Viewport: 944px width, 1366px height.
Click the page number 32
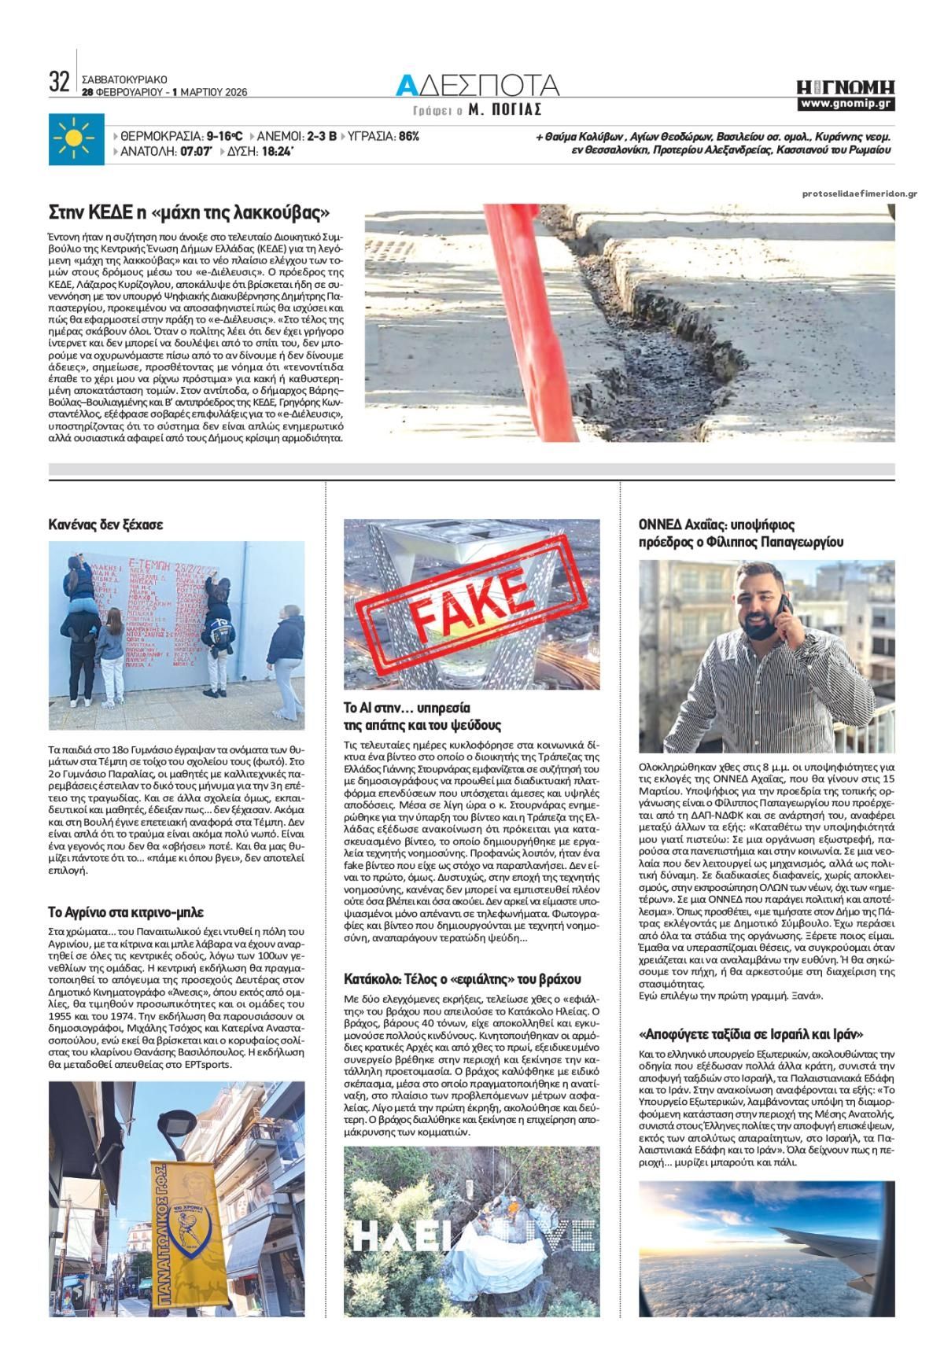click(x=59, y=82)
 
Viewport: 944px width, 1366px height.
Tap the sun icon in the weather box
click(x=76, y=140)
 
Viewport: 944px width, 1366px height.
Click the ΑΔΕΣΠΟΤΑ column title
click(x=478, y=85)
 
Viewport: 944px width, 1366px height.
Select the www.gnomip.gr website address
click(x=846, y=104)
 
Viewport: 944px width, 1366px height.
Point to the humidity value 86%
click(x=409, y=136)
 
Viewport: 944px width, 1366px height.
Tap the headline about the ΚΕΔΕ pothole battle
click(x=189, y=213)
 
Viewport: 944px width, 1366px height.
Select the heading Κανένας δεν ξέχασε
click(x=105, y=524)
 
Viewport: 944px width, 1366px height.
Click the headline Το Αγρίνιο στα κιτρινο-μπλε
click(x=126, y=912)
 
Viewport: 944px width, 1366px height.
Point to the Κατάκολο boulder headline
click(x=463, y=979)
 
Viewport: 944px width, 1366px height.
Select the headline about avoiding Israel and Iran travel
click(x=750, y=1033)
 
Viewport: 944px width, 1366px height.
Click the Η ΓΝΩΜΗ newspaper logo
click(x=846, y=87)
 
